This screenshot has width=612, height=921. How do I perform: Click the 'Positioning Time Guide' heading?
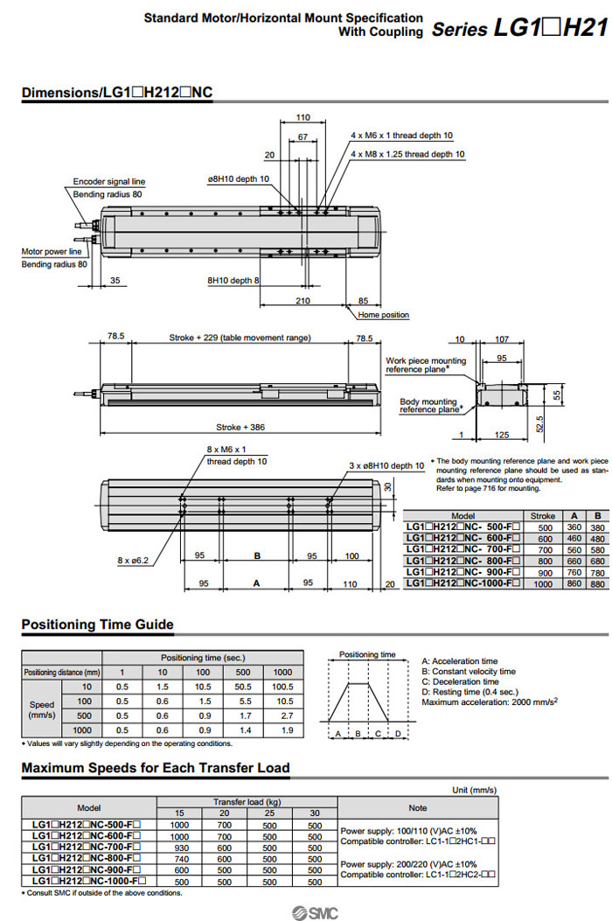(x=97, y=624)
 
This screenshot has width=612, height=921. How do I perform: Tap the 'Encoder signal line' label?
(x=108, y=182)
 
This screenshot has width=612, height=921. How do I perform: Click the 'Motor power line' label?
(x=52, y=252)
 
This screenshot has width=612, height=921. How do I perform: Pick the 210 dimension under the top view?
(x=303, y=301)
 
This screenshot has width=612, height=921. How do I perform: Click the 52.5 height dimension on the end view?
(x=541, y=423)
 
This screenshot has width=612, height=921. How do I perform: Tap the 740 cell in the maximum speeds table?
(x=178, y=859)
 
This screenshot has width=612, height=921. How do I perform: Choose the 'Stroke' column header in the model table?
(x=543, y=516)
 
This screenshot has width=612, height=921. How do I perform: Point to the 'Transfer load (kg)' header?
(x=247, y=801)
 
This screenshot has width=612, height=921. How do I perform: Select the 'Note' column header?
(x=417, y=808)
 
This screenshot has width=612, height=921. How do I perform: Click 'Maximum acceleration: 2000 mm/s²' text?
(x=490, y=702)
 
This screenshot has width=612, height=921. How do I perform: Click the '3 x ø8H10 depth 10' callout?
(x=386, y=465)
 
